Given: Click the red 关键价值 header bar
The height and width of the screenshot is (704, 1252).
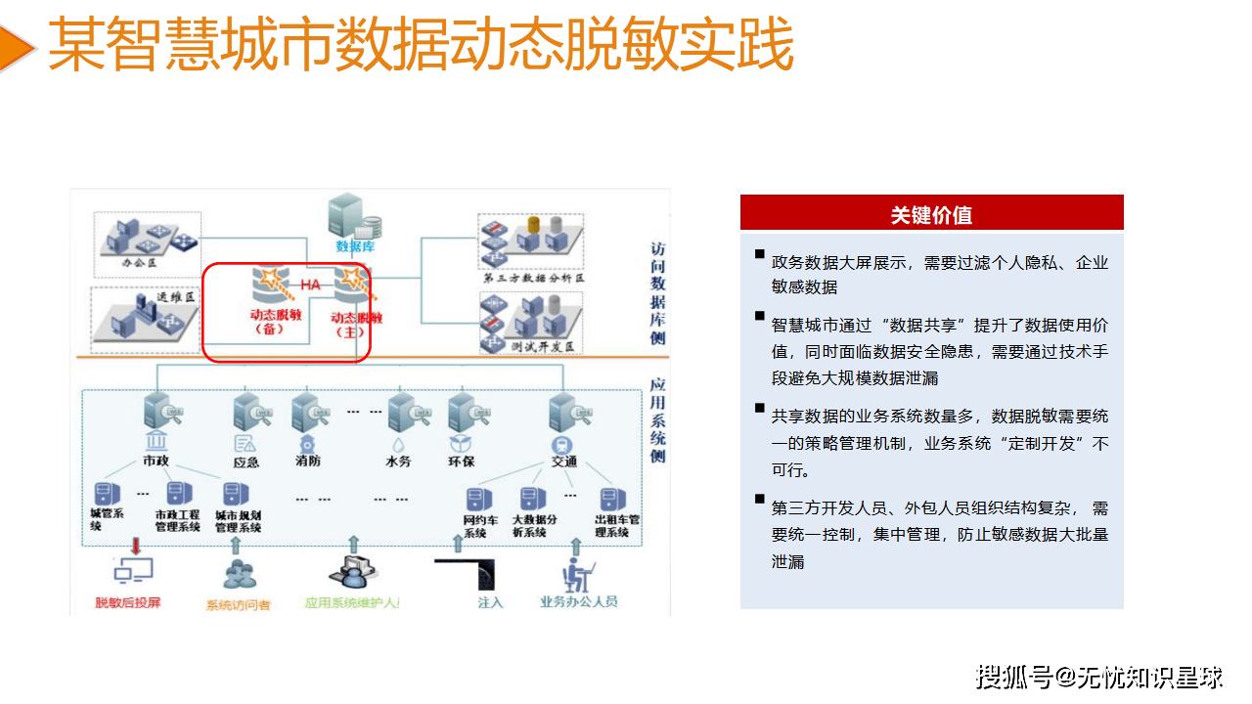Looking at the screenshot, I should (931, 213).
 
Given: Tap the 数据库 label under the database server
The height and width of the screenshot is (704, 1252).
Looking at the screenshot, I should (354, 246).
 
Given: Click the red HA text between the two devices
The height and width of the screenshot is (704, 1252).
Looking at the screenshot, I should (310, 285).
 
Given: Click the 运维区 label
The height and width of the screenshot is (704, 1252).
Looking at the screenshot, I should (176, 297).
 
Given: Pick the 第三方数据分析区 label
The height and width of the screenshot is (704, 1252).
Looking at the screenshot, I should (533, 279).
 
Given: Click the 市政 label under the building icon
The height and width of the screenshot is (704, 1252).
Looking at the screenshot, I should (156, 461).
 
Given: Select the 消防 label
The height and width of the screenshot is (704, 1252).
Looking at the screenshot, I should (307, 461).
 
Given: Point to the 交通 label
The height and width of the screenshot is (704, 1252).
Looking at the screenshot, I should (563, 461).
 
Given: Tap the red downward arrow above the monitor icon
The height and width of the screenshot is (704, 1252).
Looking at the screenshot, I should (135, 545).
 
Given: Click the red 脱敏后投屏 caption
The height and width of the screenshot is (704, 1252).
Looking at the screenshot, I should (127, 602).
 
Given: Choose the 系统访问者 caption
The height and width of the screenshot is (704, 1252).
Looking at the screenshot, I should (238, 605).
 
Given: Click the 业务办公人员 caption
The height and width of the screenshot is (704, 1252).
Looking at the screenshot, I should (579, 602).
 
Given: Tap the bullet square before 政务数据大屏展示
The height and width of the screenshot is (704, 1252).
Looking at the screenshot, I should (759, 255).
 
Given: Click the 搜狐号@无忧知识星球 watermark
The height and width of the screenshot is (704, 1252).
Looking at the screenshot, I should (1099, 676).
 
